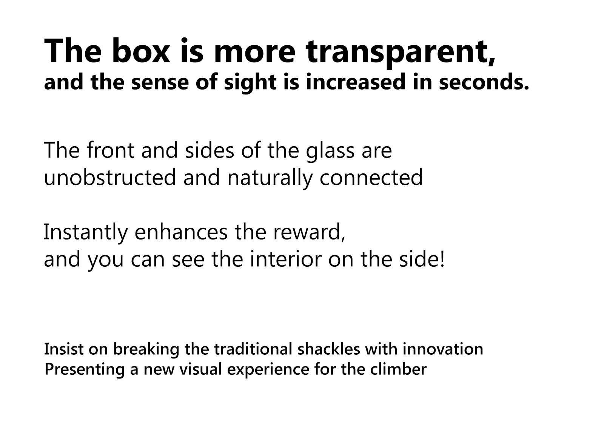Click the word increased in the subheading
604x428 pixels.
point(356,82)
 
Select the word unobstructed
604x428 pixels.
point(110,177)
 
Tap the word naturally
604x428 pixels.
point(270,179)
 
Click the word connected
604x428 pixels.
point(371,177)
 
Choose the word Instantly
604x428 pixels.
point(86,233)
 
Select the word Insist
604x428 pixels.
point(64,349)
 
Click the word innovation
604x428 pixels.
point(443,349)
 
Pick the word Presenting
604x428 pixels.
point(85,370)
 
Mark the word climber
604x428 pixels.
point(398,369)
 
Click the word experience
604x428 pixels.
point(268,370)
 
